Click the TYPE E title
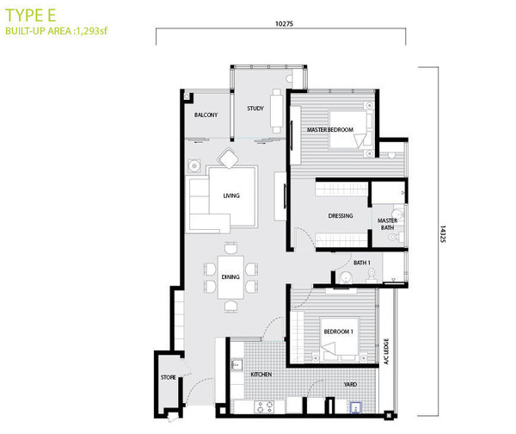tap(31, 15)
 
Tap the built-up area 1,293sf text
tap(57, 31)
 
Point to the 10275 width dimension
tap(284, 24)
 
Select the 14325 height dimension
tap(443, 234)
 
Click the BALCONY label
tap(206, 115)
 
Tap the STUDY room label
tap(255, 108)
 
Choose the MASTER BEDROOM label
tap(330, 130)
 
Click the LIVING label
tap(231, 195)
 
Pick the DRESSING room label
tap(341, 215)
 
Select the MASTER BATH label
tap(387, 224)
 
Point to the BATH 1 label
tap(362, 263)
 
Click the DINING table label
tap(230, 276)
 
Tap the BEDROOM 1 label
tap(338, 332)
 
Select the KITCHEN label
tap(261, 375)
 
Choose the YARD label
tap(350, 384)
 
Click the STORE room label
tap(169, 377)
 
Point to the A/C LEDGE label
tap(386, 351)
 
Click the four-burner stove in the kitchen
tap(265, 406)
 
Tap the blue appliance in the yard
tap(356, 407)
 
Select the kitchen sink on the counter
tap(237, 364)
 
